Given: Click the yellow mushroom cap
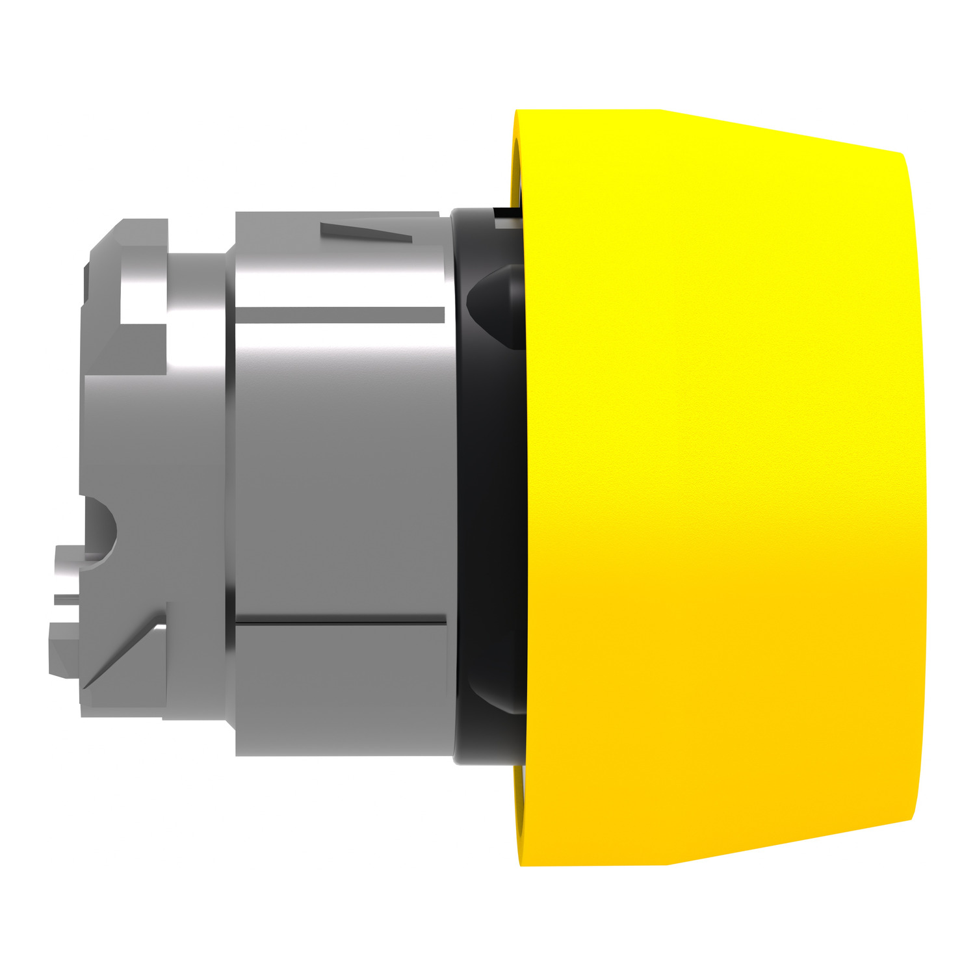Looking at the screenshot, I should (x=715, y=487).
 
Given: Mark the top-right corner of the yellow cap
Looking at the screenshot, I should (x=901, y=156).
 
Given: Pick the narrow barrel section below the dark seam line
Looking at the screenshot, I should (x=341, y=689).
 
